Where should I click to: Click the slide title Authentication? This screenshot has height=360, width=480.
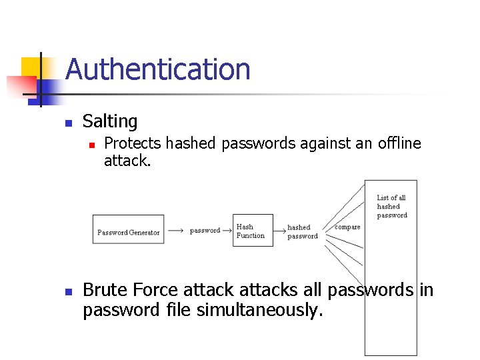point(157,69)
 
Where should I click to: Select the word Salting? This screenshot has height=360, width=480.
point(109,121)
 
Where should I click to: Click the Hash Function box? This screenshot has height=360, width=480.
point(253,230)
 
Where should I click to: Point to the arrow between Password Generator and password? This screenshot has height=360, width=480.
point(175,230)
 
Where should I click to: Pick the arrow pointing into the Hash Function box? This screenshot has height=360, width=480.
point(227,230)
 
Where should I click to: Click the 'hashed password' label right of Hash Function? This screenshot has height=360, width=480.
point(302,231)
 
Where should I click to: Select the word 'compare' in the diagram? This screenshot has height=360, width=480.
point(347,227)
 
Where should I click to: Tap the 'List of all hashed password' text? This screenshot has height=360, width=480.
point(391,206)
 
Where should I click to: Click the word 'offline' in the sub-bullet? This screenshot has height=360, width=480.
point(399,143)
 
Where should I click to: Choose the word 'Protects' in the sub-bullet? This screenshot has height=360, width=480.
point(133,143)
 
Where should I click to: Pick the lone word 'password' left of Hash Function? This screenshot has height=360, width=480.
point(205,230)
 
